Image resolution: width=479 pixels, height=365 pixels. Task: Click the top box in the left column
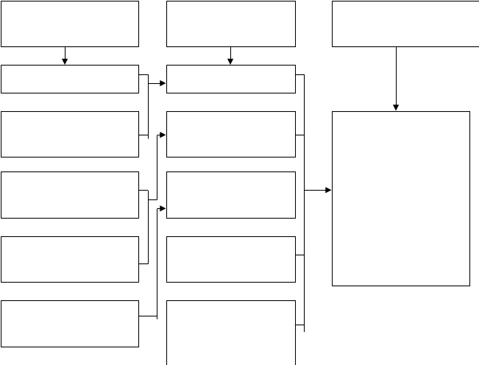point(70,24)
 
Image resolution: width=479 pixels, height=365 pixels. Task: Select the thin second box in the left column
point(70,79)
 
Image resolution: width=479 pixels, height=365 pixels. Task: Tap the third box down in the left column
point(70,135)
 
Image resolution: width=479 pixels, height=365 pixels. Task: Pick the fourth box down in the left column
point(70,195)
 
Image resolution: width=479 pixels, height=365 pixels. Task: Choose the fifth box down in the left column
point(70,260)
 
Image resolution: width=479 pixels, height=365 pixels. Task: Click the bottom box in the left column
point(70,324)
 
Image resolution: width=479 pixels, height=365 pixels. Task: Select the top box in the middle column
point(231,24)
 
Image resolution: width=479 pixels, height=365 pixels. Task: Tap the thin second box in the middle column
point(231,79)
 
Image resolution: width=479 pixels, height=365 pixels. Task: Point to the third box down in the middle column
point(231,135)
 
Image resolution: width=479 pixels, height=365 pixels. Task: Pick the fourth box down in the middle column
point(231,195)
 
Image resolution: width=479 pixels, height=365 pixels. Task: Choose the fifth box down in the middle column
point(231,260)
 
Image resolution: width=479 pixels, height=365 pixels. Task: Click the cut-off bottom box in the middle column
point(231,333)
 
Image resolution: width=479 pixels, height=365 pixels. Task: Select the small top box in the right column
point(405,24)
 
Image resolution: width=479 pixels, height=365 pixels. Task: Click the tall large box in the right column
point(401,199)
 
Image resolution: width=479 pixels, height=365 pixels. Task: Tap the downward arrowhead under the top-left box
point(65,61)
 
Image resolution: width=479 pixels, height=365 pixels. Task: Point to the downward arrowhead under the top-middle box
point(230,61)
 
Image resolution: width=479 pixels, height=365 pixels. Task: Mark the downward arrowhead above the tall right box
point(396,107)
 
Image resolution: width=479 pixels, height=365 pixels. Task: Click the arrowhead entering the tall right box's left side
point(328,190)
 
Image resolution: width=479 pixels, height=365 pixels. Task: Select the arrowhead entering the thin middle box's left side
point(163,83)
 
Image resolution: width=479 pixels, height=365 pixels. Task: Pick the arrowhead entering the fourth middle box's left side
point(163,208)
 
